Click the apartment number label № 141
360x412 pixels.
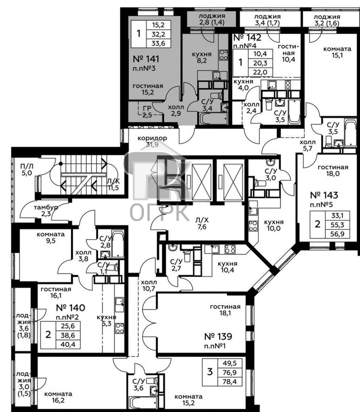(146, 59)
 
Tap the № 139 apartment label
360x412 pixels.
(218, 336)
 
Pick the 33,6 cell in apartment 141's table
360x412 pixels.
(158, 43)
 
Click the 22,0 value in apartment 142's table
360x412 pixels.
(260, 72)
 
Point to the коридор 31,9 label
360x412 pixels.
(152, 141)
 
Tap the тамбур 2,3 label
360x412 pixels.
(46, 210)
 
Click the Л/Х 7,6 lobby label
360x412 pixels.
(202, 223)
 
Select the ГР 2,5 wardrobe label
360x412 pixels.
(147, 112)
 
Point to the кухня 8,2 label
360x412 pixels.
(202, 57)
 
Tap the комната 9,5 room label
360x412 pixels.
(51, 237)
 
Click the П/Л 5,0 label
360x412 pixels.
(27, 169)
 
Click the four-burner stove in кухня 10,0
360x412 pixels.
(253, 226)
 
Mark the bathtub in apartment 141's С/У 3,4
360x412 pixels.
(213, 118)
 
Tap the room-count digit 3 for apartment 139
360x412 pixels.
(210, 372)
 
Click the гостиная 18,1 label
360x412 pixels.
(225, 310)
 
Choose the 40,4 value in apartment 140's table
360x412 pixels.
(68, 344)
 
